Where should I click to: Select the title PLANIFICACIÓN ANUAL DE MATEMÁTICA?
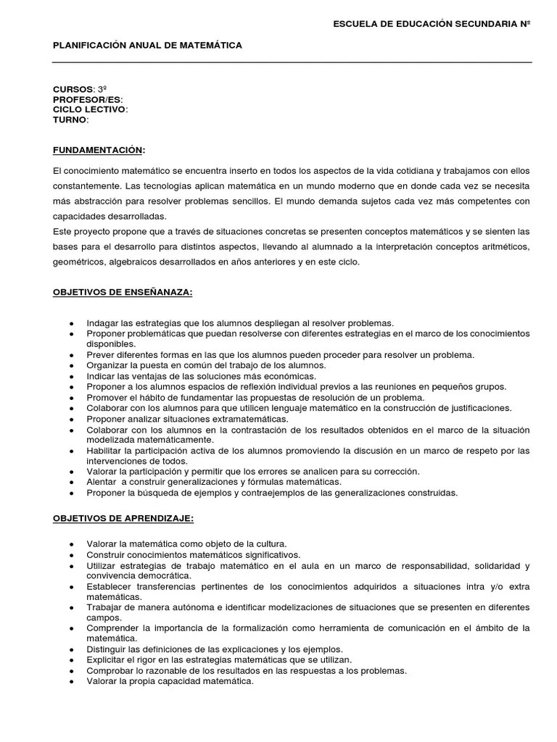tap(147, 45)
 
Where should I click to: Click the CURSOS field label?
tap(73, 88)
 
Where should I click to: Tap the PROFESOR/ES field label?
tap(87, 99)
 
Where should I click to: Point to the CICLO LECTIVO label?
tap(89, 109)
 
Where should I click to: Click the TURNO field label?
tap(70, 120)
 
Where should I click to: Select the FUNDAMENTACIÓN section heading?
tap(98, 150)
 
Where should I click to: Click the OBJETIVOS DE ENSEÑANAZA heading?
tap(123, 292)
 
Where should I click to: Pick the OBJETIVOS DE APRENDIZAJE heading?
tap(123, 519)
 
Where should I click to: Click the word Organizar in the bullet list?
tap(106, 365)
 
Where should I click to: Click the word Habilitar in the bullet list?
tap(104, 450)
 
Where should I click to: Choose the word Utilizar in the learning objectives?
tap(101, 565)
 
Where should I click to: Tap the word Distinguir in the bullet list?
tap(106, 649)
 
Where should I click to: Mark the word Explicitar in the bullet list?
tap(106, 660)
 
